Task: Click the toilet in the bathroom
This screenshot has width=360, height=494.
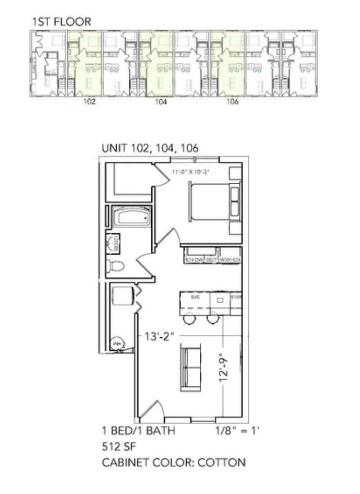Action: (x=115, y=266)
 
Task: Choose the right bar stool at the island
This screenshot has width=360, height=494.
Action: (x=213, y=320)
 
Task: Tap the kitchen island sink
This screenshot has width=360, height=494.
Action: (x=220, y=300)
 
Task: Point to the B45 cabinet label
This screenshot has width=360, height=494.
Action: (x=195, y=297)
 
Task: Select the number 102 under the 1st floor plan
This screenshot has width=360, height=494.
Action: (x=89, y=102)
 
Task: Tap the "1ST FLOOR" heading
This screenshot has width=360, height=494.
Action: (x=61, y=21)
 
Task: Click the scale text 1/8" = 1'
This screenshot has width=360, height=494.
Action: (x=238, y=431)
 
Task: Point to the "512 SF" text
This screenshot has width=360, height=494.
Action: (x=119, y=447)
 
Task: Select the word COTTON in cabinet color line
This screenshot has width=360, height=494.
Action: (x=224, y=462)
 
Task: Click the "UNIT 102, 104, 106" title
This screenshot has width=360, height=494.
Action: (x=150, y=148)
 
